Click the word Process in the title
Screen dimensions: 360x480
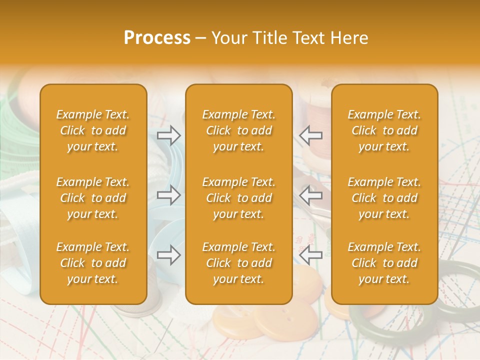tap(157, 38)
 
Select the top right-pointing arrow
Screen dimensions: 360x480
tap(169, 135)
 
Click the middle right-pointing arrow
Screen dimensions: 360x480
tap(169, 195)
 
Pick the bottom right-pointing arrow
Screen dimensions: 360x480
tap(169, 255)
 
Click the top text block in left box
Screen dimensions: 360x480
tap(93, 130)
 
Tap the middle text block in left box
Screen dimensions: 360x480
tap(93, 198)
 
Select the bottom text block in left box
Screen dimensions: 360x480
tap(93, 263)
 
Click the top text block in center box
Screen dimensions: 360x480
tap(238, 130)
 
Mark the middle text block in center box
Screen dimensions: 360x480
tap(238, 198)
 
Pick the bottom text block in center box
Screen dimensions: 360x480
tap(238, 263)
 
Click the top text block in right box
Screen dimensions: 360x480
tap(384, 130)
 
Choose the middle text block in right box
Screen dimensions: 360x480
tap(384, 198)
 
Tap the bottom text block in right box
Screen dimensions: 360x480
tap(384, 263)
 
